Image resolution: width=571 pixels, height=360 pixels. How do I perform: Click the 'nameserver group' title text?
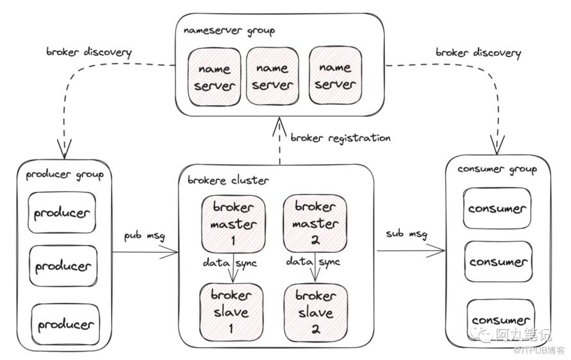click(x=229, y=31)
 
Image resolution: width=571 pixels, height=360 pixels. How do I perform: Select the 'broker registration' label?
click(x=341, y=138)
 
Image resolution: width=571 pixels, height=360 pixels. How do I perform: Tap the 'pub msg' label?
click(x=144, y=236)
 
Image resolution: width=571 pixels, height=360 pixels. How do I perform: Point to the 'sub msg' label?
click(x=407, y=234)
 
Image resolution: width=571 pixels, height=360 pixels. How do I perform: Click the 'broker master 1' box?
click(x=234, y=224)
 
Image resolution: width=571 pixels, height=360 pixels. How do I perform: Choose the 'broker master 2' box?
click(x=315, y=223)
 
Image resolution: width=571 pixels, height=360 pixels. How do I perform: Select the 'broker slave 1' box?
click(x=231, y=313)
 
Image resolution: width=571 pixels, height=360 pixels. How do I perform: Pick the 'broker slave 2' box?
click(x=316, y=313)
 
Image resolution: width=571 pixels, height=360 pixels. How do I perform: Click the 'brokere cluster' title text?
click(x=228, y=180)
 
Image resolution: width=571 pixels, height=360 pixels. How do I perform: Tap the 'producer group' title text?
click(x=65, y=175)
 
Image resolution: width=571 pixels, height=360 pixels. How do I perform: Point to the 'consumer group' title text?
click(x=497, y=169)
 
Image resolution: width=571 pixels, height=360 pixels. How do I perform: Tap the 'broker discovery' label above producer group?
click(x=89, y=52)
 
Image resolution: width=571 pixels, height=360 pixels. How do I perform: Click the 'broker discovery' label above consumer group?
click(x=479, y=53)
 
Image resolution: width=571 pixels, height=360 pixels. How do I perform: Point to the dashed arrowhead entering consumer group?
click(x=497, y=146)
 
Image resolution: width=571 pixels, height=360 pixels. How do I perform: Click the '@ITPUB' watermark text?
click(x=527, y=350)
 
